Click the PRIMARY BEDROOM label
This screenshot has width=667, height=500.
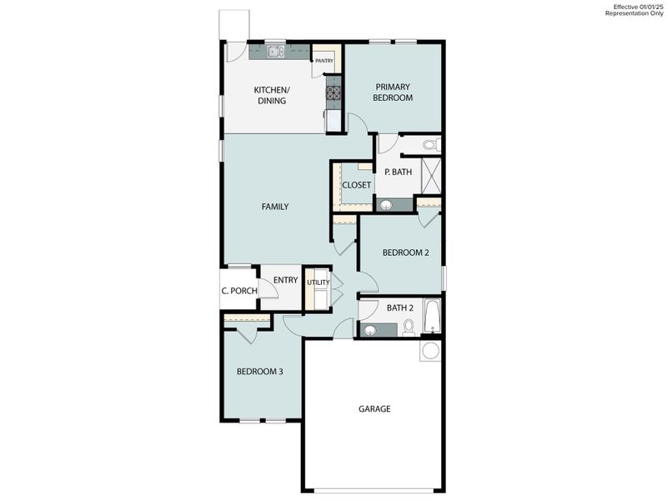coord(394,92)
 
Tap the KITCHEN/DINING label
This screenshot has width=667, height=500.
coord(271,95)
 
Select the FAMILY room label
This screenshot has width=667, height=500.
coord(274,207)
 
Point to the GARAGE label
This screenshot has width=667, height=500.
coord(374,409)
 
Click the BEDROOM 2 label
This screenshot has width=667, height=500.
coord(405,252)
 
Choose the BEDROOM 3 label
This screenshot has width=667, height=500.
coord(259,372)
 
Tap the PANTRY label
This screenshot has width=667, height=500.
coord(324,61)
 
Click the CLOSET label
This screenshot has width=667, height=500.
coord(356,185)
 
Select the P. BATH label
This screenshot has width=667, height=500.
coord(398,172)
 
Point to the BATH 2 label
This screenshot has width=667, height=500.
coord(399,307)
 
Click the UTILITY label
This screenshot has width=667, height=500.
coord(318,282)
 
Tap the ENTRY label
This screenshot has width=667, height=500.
coord(285,280)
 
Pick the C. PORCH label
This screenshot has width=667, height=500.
coord(238,291)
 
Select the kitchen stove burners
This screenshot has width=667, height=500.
coord(333,92)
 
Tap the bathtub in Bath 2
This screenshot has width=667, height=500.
coord(432,317)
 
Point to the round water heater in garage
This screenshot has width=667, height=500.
coord(430,350)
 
